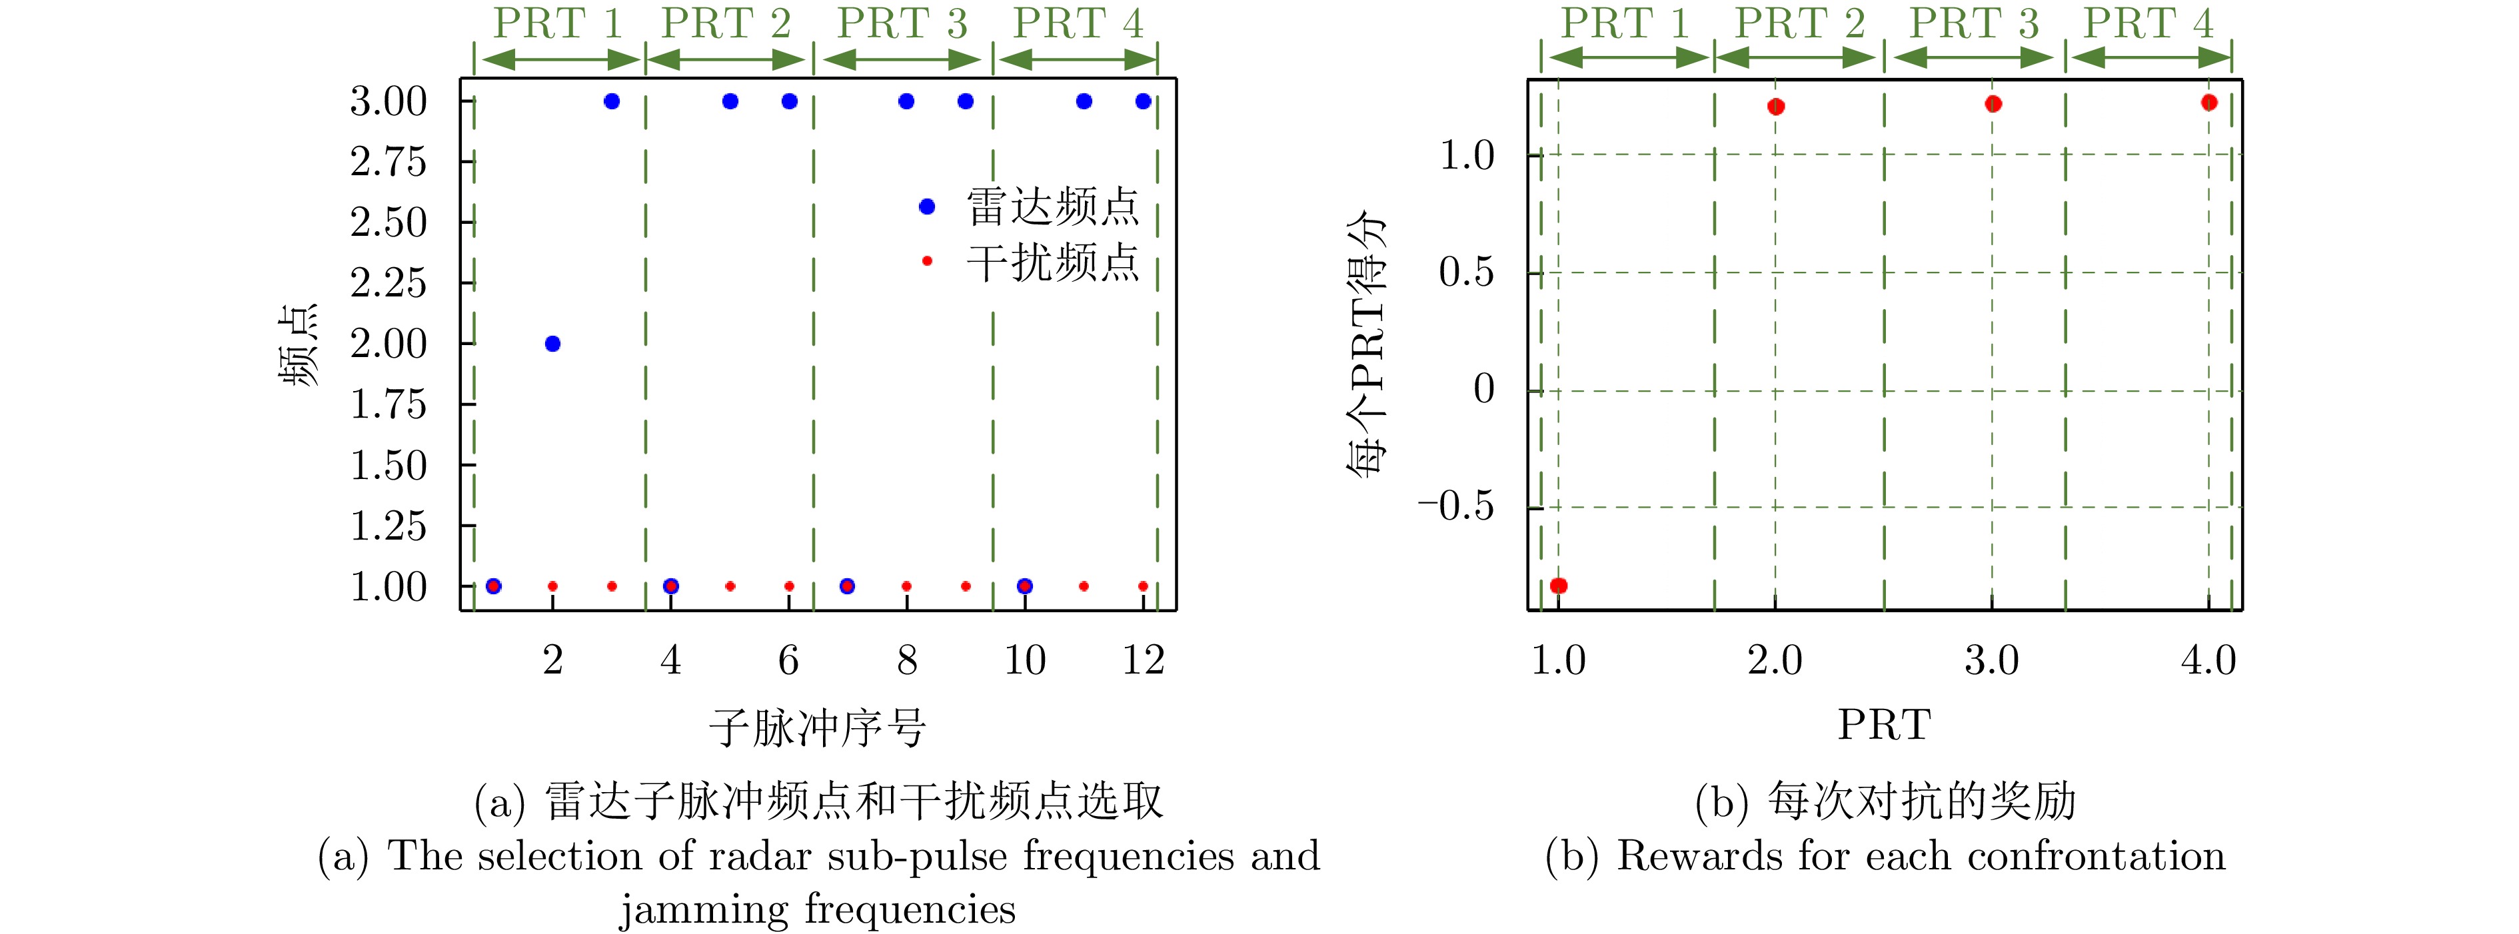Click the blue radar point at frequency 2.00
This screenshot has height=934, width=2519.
[x=552, y=343]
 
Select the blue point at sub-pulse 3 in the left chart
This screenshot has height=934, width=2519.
[x=612, y=101]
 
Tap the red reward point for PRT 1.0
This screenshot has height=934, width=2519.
[x=1559, y=586]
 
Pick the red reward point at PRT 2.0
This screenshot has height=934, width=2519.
[x=1776, y=107]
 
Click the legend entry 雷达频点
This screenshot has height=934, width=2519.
[x=1029, y=207]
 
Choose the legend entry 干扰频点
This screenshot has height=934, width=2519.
[x=1029, y=262]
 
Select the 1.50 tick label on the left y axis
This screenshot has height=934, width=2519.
[x=389, y=466]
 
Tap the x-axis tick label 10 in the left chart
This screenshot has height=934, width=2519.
[x=1025, y=660]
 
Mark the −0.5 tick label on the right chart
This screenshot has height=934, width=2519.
[x=1456, y=506]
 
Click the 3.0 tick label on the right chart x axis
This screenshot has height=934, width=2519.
[x=1992, y=660]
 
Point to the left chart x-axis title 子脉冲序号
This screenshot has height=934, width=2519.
[x=818, y=727]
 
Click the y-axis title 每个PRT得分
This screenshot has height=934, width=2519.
[x=1367, y=345]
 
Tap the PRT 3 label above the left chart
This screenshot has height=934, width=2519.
[x=902, y=23]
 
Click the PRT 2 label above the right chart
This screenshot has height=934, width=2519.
[x=1799, y=23]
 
